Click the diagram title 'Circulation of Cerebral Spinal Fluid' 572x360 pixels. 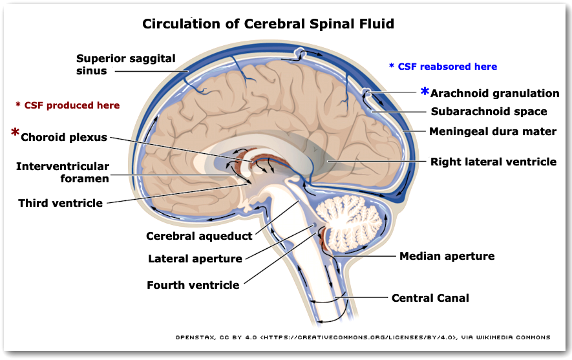pos(268,25)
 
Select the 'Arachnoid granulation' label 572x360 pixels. pos(494,94)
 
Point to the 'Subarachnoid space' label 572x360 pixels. pos(489,112)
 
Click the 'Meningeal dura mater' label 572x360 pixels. pos(493,132)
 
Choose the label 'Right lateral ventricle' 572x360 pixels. pos(493,162)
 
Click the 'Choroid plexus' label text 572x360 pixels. pos(64,137)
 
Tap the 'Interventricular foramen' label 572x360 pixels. pos(63,173)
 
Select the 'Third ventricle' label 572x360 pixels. pos(60,203)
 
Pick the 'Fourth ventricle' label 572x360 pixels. pos(193,285)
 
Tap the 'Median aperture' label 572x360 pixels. pos(447,256)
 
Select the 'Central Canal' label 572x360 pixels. pos(430,298)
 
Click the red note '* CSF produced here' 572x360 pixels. pos(67,105)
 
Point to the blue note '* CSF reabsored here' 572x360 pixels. pos(443,67)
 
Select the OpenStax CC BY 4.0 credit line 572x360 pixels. pos(363,337)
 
